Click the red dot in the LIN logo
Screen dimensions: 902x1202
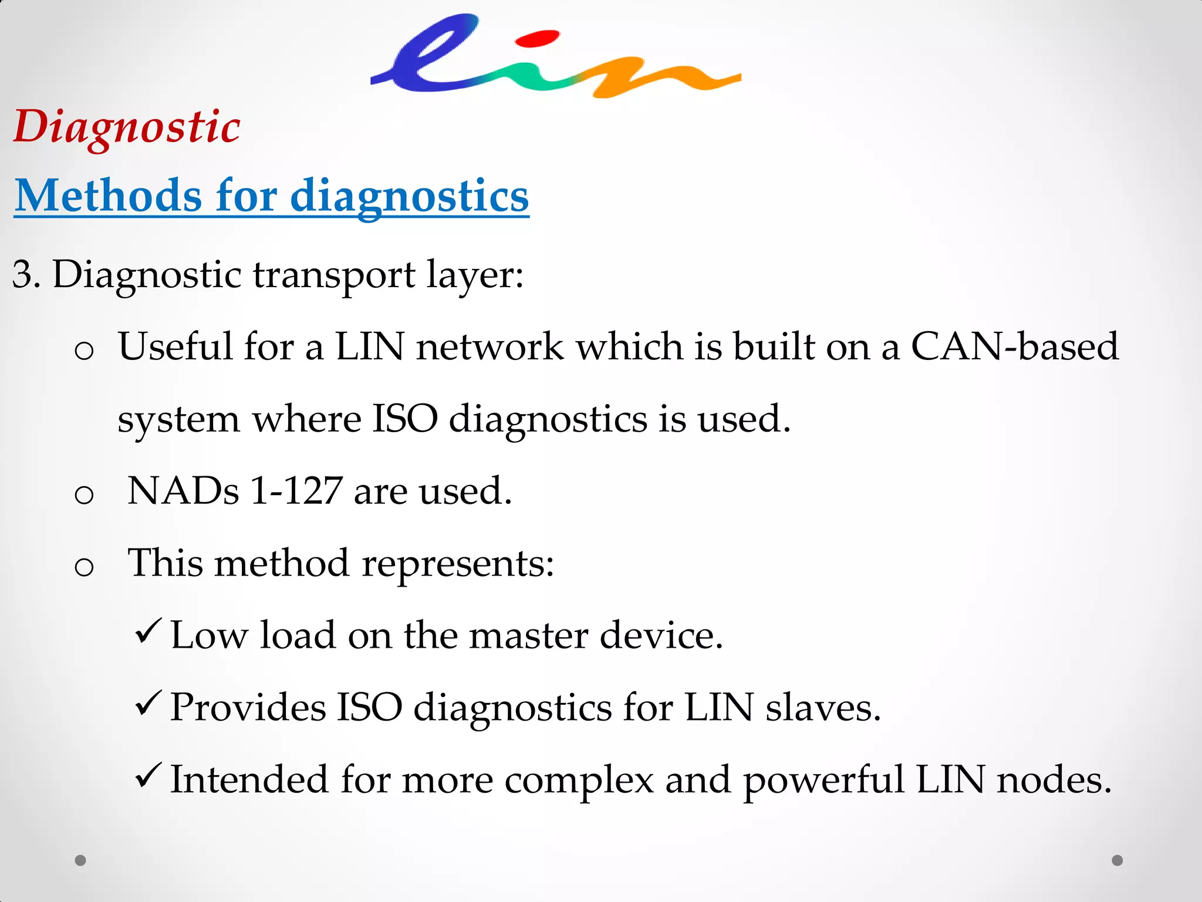tap(536, 39)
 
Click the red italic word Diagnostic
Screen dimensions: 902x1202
tap(127, 127)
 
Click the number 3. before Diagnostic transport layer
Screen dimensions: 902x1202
tap(26, 274)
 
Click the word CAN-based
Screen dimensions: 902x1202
tap(1015, 346)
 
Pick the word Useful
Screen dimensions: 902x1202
tap(175, 346)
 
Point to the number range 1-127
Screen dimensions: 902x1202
tap(296, 491)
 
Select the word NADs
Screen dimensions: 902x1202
tap(183, 491)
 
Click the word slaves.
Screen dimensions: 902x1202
tap(823, 708)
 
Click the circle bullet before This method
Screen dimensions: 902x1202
tap(85, 567)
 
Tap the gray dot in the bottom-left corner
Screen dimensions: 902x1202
tap(81, 860)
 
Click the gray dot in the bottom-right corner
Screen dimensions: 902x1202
tap(1117, 860)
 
